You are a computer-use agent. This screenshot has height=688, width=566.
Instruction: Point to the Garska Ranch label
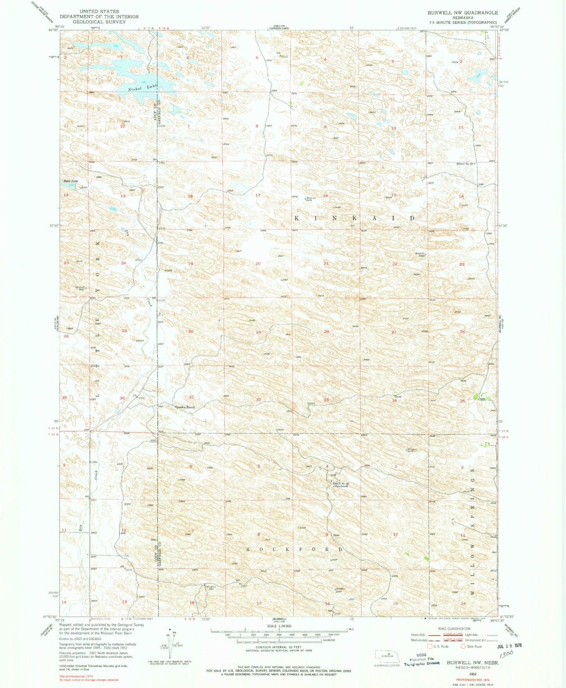(184, 407)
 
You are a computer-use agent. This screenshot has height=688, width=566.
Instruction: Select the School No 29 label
(466, 164)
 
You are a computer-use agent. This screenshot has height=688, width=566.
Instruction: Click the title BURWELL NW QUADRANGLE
(463, 13)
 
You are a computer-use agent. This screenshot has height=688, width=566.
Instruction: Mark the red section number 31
(192, 397)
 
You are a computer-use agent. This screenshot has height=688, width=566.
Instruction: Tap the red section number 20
(258, 264)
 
